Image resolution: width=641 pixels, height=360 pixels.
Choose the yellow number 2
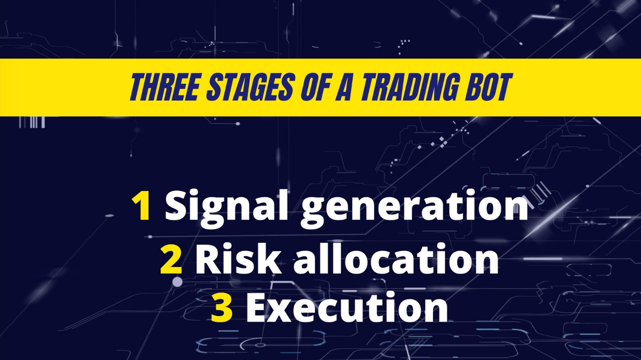[171, 260]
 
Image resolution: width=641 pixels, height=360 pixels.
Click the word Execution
[347, 307]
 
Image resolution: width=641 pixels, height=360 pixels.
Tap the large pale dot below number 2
[177, 282]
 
